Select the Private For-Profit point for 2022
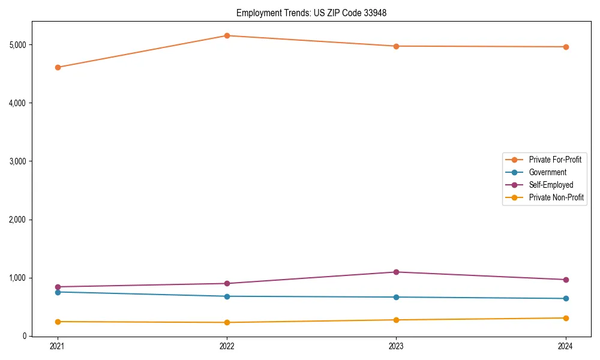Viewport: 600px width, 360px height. click(227, 35)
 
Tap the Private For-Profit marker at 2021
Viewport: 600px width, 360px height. click(58, 67)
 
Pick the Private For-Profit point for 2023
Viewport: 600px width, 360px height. click(396, 46)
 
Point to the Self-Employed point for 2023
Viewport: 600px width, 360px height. click(396, 272)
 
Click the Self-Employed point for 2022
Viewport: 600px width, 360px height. click(227, 283)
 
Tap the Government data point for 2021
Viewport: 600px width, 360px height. click(58, 292)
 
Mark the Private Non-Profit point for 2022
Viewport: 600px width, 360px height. click(227, 322)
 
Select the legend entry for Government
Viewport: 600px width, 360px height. click(547, 172)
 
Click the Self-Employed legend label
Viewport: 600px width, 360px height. click(551, 185)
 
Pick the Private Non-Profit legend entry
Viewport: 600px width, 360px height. click(556, 197)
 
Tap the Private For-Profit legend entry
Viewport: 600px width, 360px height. click(554, 160)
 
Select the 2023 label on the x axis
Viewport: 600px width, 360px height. click(396, 346)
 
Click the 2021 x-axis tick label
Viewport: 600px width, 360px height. click(58, 346)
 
